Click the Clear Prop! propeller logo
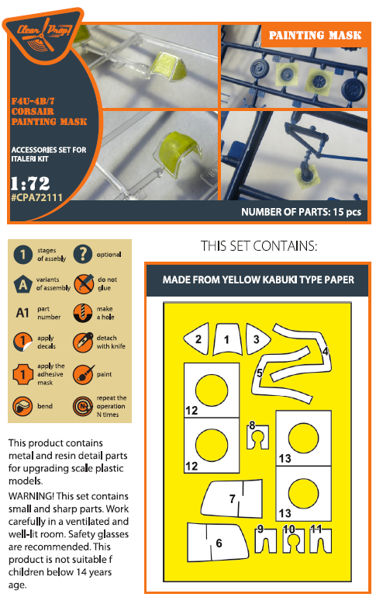pyautogui.click(x=43, y=33)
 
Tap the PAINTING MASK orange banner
pyautogui.click(x=315, y=36)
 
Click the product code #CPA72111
pyautogui.click(x=36, y=198)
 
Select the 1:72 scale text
pyautogui.click(x=30, y=183)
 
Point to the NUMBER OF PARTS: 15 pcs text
pyautogui.click(x=301, y=212)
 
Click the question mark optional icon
pyautogui.click(x=83, y=254)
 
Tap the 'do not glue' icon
pyautogui.click(x=84, y=284)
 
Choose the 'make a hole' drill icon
pyautogui.click(x=83, y=313)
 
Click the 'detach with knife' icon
pyautogui.click(x=83, y=342)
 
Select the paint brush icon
pyautogui.click(x=83, y=374)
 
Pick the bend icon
pyautogui.click(x=22, y=406)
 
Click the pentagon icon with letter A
pyautogui.click(x=23, y=284)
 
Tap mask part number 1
pyautogui.click(x=227, y=339)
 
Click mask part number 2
pyautogui.click(x=197, y=339)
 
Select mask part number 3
pyautogui.click(x=257, y=339)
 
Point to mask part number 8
pyautogui.click(x=257, y=436)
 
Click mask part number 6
pyautogui.click(x=217, y=543)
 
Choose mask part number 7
pyautogui.click(x=232, y=498)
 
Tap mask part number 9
pyautogui.click(x=266, y=540)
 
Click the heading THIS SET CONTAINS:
pyautogui.click(x=259, y=246)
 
